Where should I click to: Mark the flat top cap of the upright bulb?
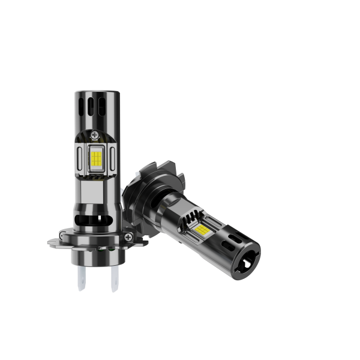[x=97, y=94]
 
